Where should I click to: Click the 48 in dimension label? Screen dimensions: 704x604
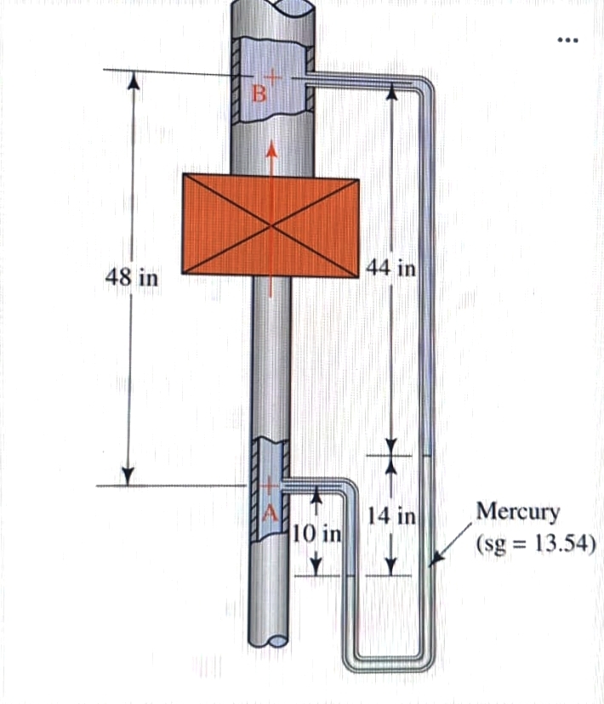tap(132, 278)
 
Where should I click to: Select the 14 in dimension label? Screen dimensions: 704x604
tap(392, 515)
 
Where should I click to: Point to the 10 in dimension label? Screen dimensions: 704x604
tap(316, 534)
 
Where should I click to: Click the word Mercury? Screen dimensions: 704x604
tap(518, 512)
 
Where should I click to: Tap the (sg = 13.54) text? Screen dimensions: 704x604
tap(535, 543)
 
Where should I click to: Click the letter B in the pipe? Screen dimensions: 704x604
tap(258, 94)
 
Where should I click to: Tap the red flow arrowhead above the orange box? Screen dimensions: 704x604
tap(271, 150)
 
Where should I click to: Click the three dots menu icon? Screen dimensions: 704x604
tap(568, 40)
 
